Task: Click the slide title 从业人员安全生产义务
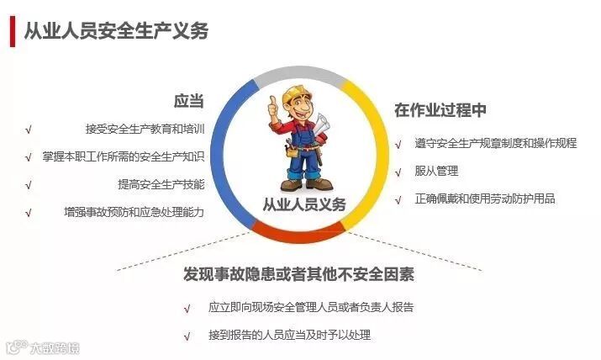116,31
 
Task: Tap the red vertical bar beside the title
13,31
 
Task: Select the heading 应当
188,101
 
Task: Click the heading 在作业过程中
440,110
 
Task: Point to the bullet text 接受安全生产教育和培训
145,129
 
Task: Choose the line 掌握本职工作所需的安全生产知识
124,156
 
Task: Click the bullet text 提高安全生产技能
161,184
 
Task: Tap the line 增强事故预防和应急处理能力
134,212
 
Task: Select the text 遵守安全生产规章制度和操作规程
496,143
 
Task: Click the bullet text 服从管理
436,171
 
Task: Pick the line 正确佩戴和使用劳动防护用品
485,199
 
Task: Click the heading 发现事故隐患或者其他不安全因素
298,274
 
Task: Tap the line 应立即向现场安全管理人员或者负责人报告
311,307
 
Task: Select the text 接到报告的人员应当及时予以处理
289,335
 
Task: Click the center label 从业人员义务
304,204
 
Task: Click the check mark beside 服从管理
398,172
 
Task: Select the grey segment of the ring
299,72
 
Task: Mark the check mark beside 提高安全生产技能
28,185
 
